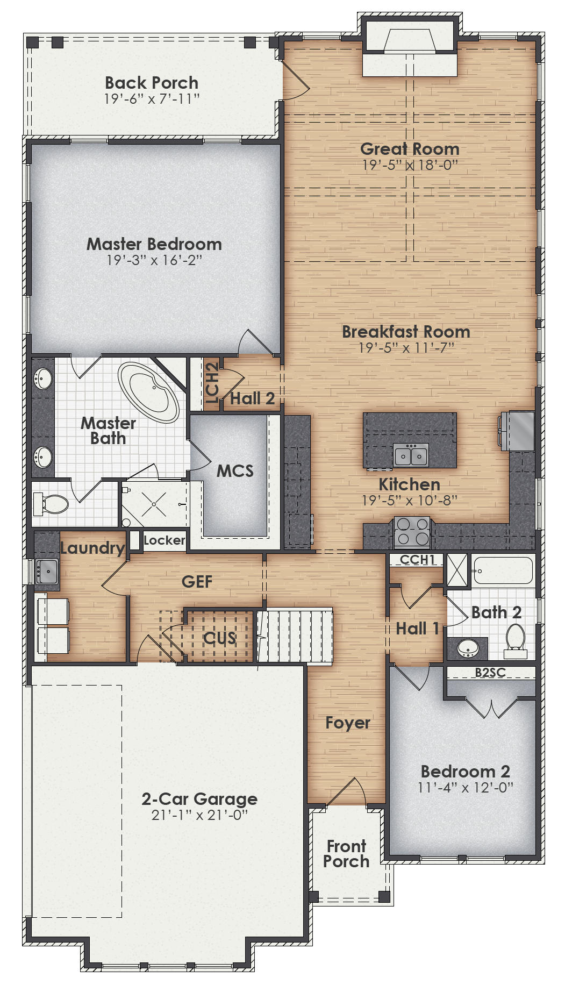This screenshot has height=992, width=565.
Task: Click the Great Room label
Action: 410,148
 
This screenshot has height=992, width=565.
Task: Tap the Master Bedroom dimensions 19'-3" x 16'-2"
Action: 154,260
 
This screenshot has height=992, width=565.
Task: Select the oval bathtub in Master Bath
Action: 148,392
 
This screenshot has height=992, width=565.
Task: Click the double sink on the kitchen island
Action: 411,455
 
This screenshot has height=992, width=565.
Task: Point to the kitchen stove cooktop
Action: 412,531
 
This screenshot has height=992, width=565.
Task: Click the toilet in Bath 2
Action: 516,640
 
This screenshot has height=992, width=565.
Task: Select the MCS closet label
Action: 235,471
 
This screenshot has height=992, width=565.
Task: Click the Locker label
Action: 164,540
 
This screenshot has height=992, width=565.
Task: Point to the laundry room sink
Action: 47,571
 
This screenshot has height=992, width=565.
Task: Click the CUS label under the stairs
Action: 219,638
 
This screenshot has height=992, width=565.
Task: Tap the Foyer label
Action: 348,723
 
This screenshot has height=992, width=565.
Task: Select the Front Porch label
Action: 346,854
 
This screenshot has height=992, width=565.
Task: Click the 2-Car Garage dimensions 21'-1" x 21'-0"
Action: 199,815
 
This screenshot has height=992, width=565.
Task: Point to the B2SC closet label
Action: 490,672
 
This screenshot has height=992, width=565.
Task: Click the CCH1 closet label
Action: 417,560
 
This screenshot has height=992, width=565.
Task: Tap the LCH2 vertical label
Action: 212,382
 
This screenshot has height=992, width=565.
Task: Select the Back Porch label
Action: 152,83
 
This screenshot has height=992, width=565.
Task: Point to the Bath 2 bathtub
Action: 503,570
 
